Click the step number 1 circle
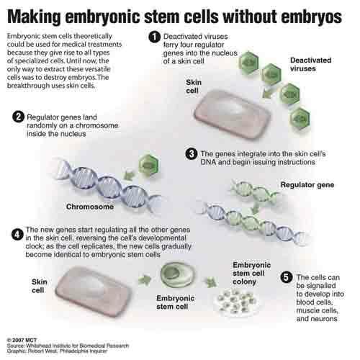[x=154, y=37]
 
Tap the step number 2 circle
[x=18, y=117]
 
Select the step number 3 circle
[x=192, y=154]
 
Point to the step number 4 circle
[x=17, y=234]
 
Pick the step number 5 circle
[x=287, y=277]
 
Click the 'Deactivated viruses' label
[x=310, y=64]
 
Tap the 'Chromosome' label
[x=90, y=207]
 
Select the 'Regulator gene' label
[x=307, y=185]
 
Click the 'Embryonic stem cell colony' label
[x=251, y=274]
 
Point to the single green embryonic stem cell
[x=178, y=275]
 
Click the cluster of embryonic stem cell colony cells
[x=236, y=302]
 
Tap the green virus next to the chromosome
[x=149, y=165]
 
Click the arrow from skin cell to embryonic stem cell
[x=145, y=280]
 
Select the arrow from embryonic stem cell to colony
[x=211, y=282]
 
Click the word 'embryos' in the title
[x=312, y=17]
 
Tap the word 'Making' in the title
[x=34, y=17]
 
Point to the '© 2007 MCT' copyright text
[x=22, y=340]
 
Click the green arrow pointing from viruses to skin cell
[x=267, y=93]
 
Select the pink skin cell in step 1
[x=233, y=114]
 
